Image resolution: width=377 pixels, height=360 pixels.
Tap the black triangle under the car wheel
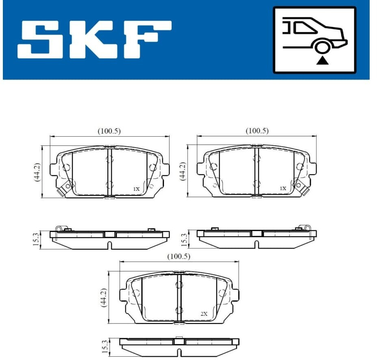coord(322,61)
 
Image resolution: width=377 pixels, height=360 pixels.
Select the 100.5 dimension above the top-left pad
coord(109,131)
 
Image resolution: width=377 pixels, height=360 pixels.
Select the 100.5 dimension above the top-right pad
coord(257,131)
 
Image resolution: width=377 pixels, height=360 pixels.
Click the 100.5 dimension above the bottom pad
coord(179,257)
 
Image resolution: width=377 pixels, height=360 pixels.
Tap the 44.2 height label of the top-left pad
coord(37,172)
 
